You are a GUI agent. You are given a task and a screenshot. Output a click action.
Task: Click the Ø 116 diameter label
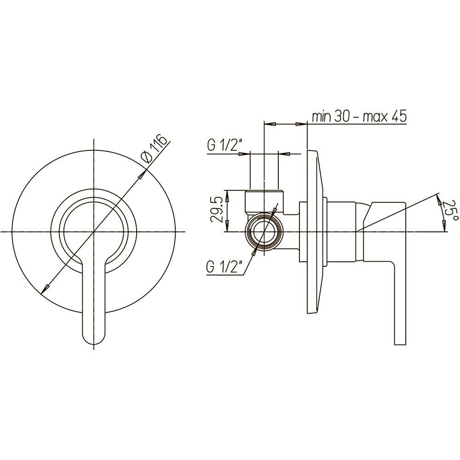click(x=156, y=148)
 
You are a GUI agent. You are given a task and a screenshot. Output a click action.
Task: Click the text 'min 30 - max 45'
click(x=359, y=116)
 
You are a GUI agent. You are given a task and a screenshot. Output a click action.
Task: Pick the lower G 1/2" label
click(x=224, y=267)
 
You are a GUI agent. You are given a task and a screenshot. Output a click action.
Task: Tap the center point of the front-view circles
click(x=93, y=232)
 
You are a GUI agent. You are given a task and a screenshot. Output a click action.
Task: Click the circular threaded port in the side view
click(x=264, y=232)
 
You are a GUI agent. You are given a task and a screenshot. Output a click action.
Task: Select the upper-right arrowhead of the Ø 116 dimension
click(x=142, y=174)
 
